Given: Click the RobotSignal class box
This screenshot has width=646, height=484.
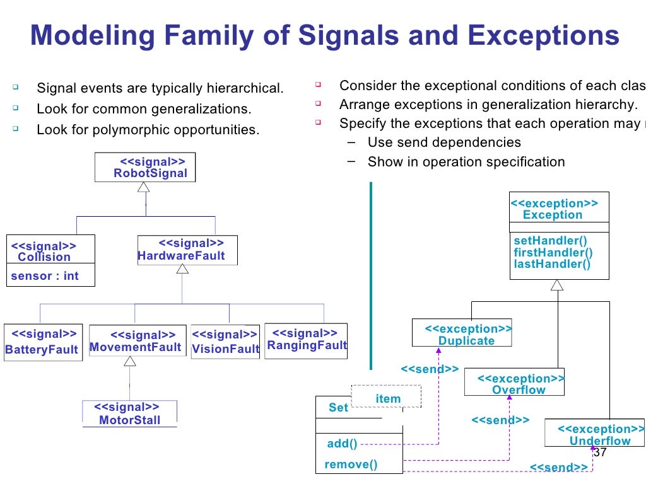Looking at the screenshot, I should [x=145, y=168].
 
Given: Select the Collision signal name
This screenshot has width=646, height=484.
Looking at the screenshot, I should [x=44, y=257].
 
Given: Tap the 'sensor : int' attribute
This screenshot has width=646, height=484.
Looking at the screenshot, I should [x=44, y=276].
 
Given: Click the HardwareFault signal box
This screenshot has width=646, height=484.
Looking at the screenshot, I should [x=182, y=250].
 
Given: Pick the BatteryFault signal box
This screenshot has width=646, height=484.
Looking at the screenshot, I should [x=42, y=342].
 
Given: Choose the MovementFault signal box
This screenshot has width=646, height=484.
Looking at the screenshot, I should [x=136, y=342].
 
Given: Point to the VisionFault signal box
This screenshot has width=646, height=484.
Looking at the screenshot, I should [x=225, y=342].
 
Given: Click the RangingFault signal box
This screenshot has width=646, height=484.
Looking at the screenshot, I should [x=306, y=340].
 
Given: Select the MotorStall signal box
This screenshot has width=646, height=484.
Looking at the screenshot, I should [x=130, y=414].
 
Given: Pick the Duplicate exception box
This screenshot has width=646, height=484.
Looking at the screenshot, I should [x=462, y=334].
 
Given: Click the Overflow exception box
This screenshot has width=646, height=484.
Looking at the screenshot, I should [x=514, y=383].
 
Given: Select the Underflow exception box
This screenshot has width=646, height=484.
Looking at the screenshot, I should [x=594, y=435].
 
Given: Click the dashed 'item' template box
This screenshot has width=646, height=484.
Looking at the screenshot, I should [x=387, y=398].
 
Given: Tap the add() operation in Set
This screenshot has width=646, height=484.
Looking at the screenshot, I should [x=342, y=444].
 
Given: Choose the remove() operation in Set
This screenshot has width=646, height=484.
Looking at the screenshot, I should [x=351, y=464].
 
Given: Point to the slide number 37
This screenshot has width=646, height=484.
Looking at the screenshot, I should [x=600, y=453].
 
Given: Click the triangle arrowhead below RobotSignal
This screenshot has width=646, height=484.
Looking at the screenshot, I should [x=144, y=187].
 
